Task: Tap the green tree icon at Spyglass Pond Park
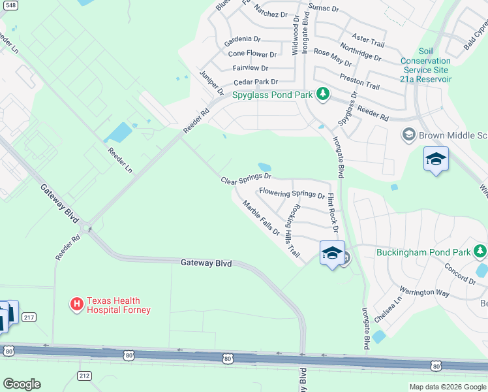[322, 95]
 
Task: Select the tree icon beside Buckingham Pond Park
[480, 251]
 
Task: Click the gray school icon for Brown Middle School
[409, 135]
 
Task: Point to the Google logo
[22, 384]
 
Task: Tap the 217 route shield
[28, 317]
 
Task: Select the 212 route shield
[84, 376]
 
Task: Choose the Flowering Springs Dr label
[292, 193]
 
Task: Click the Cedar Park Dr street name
[255, 82]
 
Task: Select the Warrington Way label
[424, 291]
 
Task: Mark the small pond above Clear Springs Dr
[265, 167]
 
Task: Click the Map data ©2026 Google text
[447, 387]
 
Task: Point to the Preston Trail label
[359, 82]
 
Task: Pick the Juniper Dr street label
[211, 82]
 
